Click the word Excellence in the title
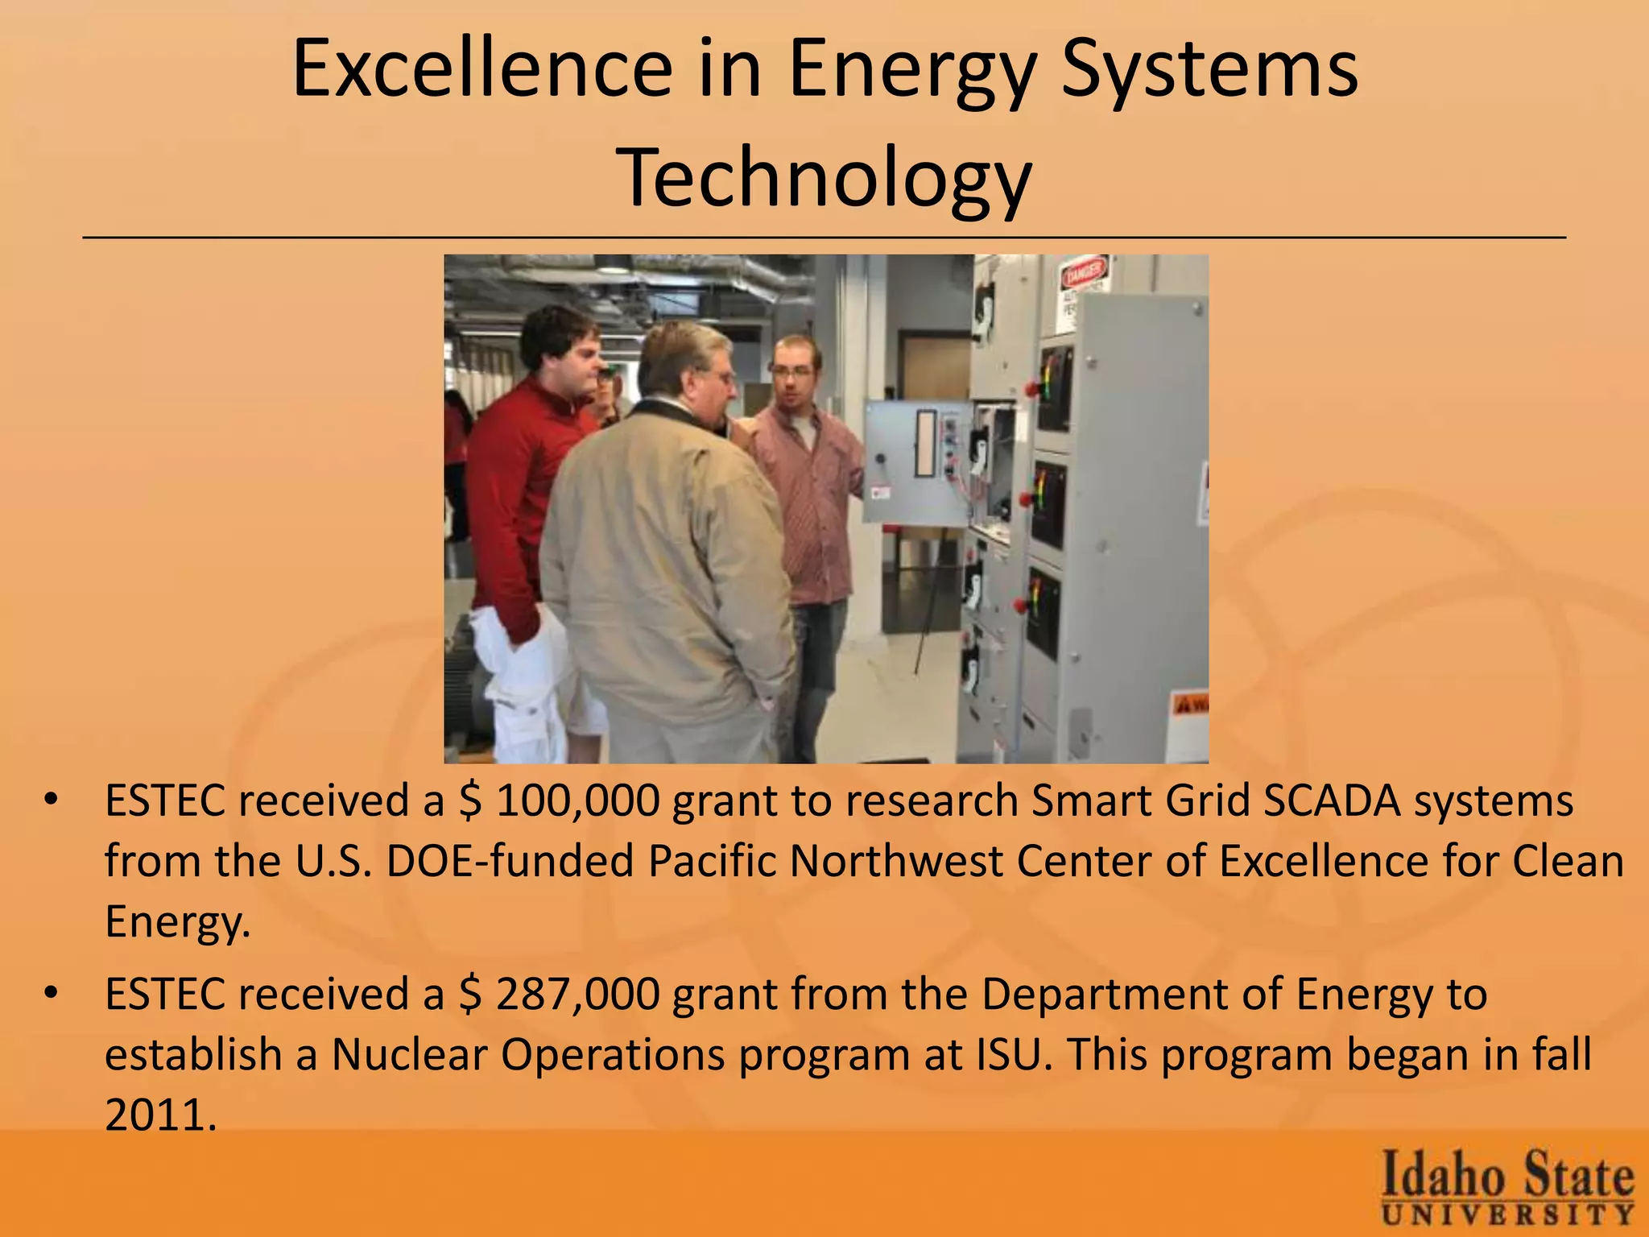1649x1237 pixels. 481,69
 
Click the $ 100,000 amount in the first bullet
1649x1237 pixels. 559,801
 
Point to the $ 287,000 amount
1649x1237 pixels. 559,995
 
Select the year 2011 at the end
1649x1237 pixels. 160,1115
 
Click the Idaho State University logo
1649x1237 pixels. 1507,1187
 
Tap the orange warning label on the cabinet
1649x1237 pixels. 1192,705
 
